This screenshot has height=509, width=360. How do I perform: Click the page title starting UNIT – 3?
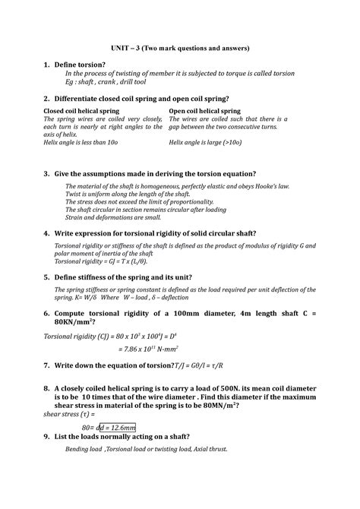(180, 49)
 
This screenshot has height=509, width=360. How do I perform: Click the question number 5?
(46, 277)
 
